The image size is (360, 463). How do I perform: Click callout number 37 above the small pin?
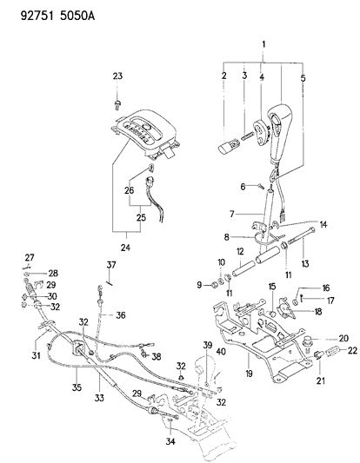pyautogui.click(x=111, y=265)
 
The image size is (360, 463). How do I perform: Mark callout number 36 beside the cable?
pyautogui.click(x=121, y=315)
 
